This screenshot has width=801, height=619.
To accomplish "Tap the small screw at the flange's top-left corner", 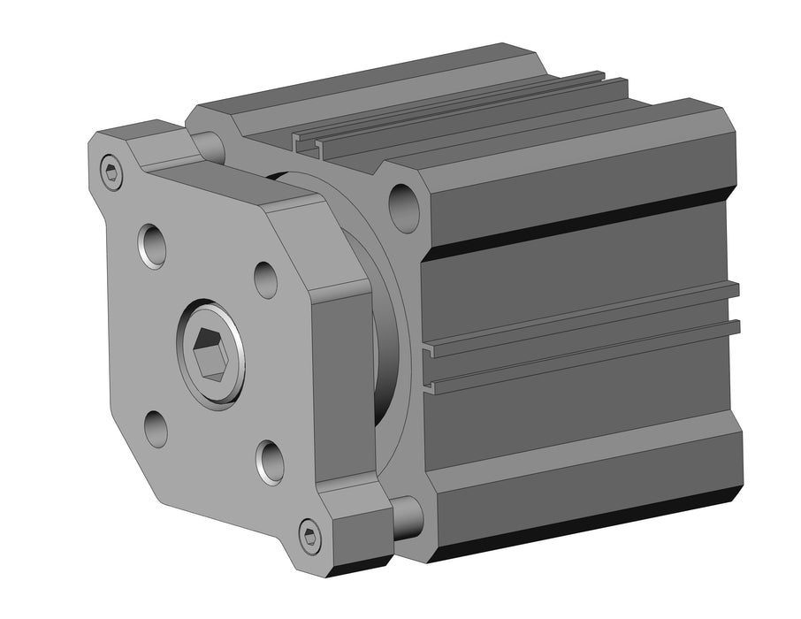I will pyautogui.click(x=111, y=172).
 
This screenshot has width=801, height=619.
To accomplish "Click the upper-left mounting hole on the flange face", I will pyautogui.click(x=151, y=245).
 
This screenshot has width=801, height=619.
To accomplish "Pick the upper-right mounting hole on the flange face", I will pyautogui.click(x=265, y=279).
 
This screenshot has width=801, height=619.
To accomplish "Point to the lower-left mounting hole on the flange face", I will pyautogui.click(x=156, y=429).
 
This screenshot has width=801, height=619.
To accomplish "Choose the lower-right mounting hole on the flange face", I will pyautogui.click(x=270, y=460).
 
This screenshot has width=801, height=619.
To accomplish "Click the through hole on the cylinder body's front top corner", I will pyautogui.click(x=405, y=208).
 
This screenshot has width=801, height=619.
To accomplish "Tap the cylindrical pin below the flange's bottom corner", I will pyautogui.click(x=406, y=518).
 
